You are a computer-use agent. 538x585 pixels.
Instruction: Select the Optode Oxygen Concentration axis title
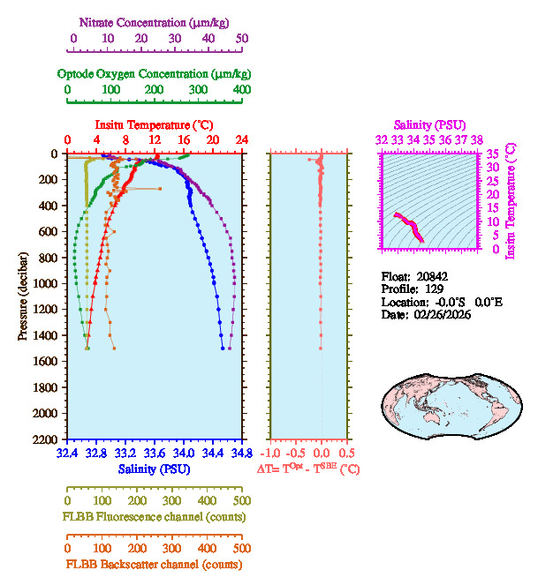coord(154,73)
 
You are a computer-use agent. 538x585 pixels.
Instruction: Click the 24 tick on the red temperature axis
coord(241,140)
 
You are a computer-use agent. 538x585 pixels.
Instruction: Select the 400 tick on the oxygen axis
coord(240,89)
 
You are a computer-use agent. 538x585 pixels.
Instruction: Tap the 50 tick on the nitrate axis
coord(241,39)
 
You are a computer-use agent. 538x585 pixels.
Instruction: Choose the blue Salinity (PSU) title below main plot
coord(154,469)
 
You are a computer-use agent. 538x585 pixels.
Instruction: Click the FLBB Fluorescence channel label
coord(153,516)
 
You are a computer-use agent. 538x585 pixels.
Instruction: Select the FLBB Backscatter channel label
coord(153,564)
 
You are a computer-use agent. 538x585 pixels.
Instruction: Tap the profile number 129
coord(434,289)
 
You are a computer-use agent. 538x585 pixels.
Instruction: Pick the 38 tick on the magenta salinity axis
coord(477,139)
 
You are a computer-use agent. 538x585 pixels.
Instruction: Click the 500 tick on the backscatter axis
coord(240,548)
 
